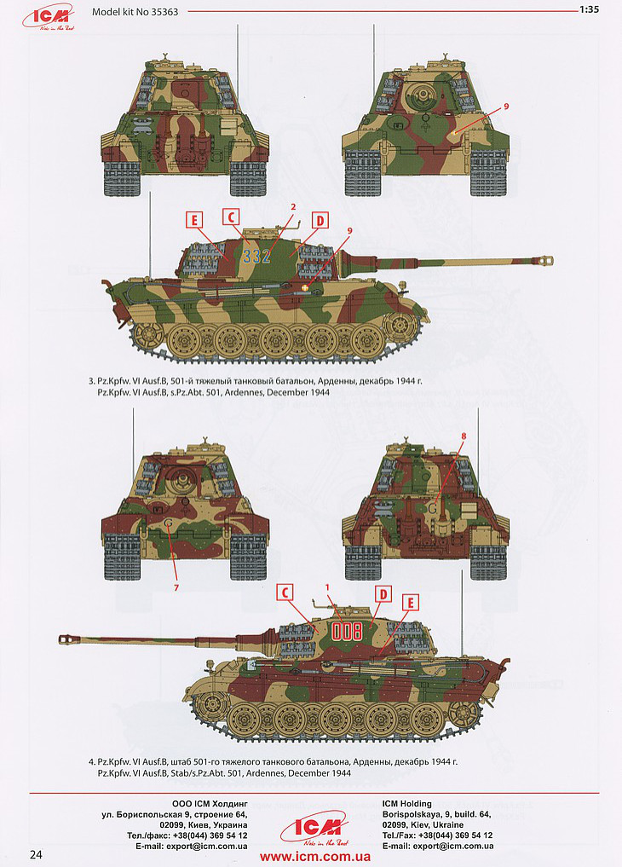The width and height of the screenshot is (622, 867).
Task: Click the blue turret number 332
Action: pos(256,256)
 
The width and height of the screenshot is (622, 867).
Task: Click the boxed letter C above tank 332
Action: pos(231,217)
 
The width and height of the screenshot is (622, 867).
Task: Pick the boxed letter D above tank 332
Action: pos(320,221)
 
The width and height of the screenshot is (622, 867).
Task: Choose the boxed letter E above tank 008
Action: pos(411,604)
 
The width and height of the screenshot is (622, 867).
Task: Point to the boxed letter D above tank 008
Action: pos(383,594)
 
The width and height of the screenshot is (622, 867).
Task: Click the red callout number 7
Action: pos(176,587)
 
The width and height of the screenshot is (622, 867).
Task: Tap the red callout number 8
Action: pos(464,436)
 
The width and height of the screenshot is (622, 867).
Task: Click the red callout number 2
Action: pos(294,207)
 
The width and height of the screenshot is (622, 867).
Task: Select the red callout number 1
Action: pos(327,587)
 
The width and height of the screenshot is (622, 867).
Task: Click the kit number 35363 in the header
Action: pos(164,11)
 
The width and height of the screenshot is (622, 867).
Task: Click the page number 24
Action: pos(37,854)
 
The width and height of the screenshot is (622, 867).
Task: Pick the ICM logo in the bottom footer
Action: pos(315,826)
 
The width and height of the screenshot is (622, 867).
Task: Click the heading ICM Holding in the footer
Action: pos(407,803)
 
